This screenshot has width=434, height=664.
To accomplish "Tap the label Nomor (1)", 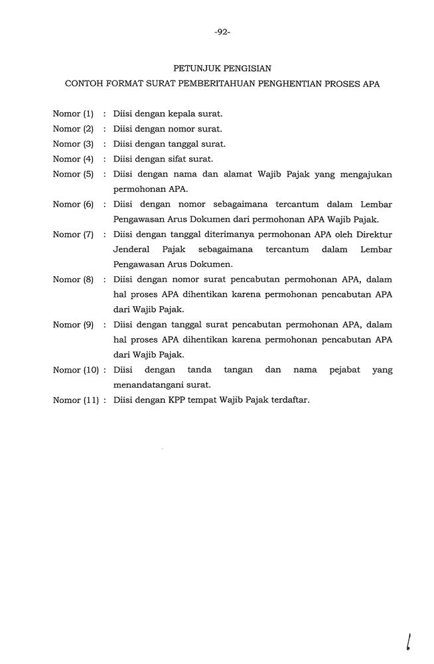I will [73, 114].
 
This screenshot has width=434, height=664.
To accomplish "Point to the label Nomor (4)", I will [73, 159].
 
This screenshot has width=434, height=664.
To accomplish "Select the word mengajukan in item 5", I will [366, 175].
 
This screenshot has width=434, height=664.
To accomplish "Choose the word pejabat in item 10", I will [344, 370].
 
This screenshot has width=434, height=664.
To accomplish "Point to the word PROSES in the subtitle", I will [338, 85].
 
